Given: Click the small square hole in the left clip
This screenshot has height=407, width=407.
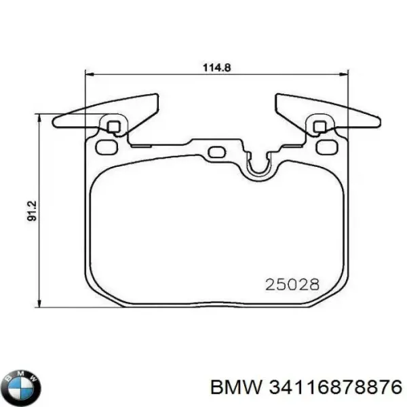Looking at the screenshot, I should pyautogui.click(x=114, y=125).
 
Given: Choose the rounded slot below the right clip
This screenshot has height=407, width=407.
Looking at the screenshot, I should pyautogui.click(x=327, y=147).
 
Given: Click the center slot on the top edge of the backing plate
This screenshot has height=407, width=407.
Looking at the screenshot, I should pyautogui.click(x=217, y=152).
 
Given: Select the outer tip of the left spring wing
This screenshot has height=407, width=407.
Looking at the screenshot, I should pyautogui.click(x=55, y=121).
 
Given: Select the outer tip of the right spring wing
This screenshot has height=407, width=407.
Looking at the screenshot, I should pyautogui.click(x=378, y=122).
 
